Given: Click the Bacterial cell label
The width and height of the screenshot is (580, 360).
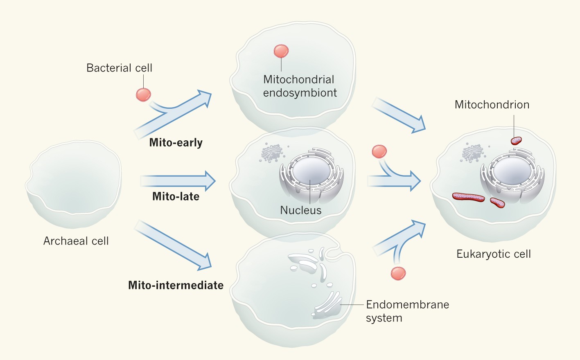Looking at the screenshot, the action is [x=119, y=68].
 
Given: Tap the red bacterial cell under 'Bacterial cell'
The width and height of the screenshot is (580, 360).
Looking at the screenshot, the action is [x=143, y=94].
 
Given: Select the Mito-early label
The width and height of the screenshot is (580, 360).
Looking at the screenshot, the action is [x=176, y=142].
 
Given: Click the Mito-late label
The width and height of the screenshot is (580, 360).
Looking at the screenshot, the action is [x=176, y=196].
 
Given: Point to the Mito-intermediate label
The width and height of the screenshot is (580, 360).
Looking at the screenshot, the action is [x=176, y=285].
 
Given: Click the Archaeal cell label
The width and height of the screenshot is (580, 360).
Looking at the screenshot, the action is [x=76, y=241].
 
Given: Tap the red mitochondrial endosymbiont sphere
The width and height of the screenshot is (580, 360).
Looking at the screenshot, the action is [x=281, y=51].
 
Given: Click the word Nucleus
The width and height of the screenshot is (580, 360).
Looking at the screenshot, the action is [x=300, y=210].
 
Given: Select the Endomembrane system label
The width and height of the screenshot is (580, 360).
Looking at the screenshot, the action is [x=407, y=311].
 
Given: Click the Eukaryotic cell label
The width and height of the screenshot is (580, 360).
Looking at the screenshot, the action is [x=494, y=254].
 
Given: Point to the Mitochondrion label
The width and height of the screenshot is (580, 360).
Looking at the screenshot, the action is [x=492, y=105].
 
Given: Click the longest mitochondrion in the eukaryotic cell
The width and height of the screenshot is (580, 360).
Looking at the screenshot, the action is [x=468, y=197].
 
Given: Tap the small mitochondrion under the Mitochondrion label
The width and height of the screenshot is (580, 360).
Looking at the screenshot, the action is [x=516, y=141].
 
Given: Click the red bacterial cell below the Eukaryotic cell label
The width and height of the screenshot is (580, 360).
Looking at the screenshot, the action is [x=398, y=273].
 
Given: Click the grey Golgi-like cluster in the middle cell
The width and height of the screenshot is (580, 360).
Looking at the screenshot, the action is [x=271, y=153].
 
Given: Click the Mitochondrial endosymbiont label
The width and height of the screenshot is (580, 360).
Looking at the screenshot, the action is [x=300, y=86].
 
